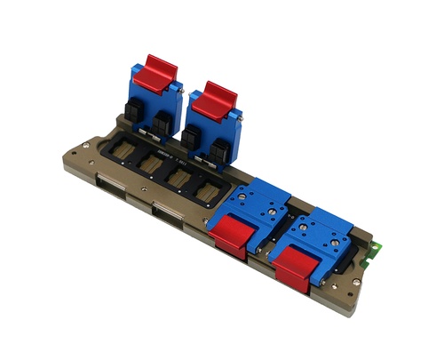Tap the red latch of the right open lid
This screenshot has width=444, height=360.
[x=214, y=100]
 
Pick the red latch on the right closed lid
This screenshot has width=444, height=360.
[x=294, y=266]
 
